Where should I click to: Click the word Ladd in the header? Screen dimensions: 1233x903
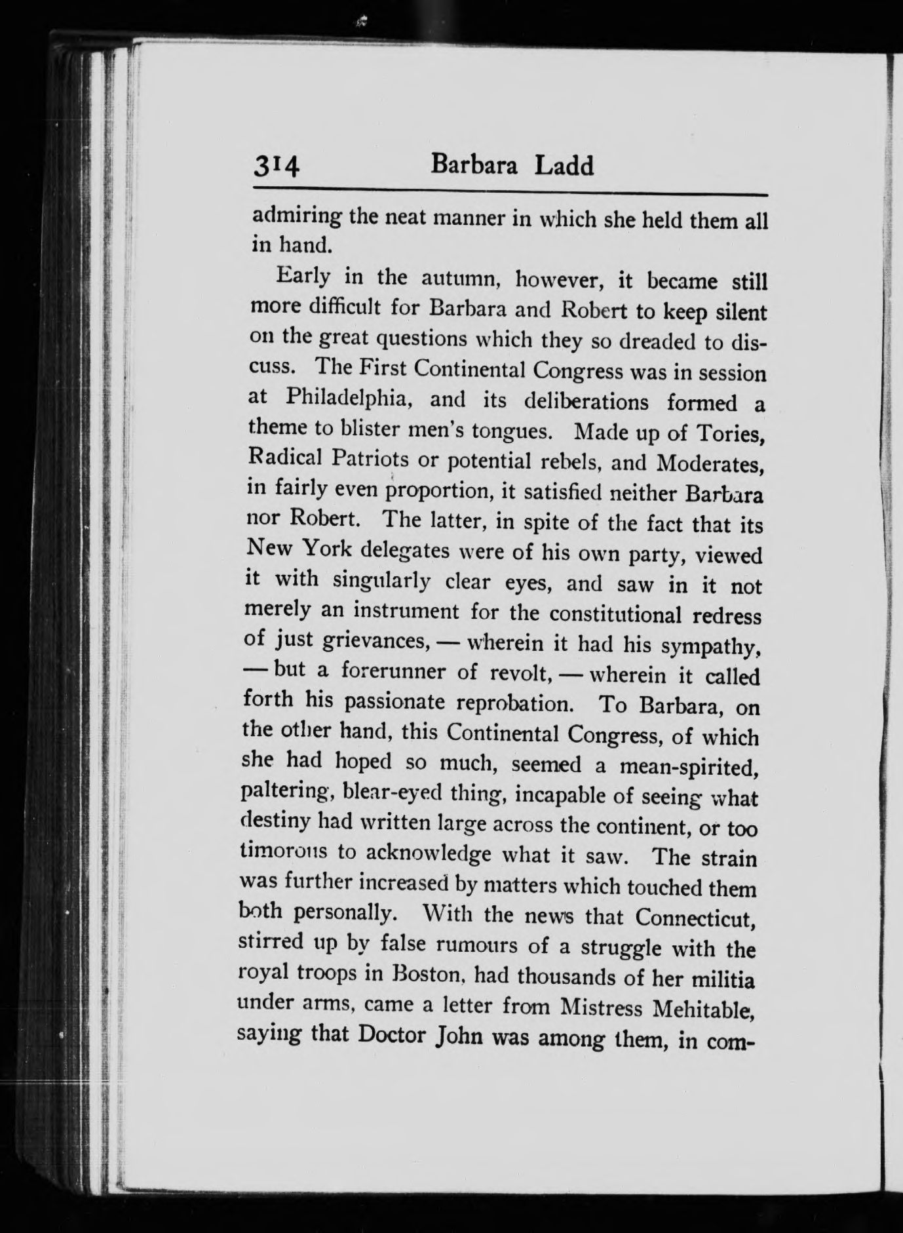tap(564, 166)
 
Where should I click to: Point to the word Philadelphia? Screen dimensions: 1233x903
tap(348, 398)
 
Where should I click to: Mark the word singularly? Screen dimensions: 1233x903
tap(381, 581)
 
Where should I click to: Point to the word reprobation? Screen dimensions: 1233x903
tap(516, 704)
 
